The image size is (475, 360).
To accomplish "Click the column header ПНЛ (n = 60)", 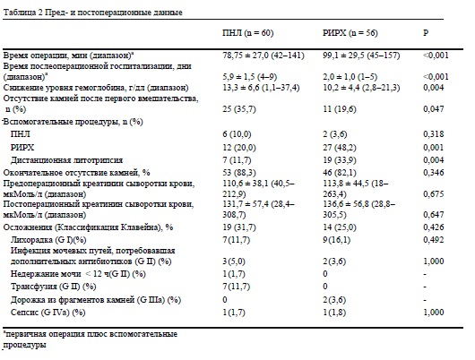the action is coord(247,33).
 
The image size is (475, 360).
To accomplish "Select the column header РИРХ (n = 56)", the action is coord(350,33).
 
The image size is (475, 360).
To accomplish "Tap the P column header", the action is coord(426,33).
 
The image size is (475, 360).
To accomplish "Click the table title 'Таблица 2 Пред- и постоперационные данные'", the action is coord(92,13).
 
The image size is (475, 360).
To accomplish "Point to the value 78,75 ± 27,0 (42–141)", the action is coord(263,56).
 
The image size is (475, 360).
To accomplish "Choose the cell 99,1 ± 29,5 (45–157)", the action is coord(361,56).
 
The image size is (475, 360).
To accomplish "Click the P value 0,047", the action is coord(434,109).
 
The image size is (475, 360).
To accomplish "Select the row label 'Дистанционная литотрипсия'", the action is coord(66,160).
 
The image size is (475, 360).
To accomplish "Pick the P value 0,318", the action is coord(434,133).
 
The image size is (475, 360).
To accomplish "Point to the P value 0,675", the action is coord(434,193).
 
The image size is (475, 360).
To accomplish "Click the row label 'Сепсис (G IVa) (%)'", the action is coord(47,313).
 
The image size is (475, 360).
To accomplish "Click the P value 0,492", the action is coord(434,240).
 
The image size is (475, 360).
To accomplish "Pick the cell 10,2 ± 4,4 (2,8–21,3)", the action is coord(361,88).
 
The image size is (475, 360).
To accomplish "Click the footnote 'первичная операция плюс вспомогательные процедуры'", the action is coord(90,339).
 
